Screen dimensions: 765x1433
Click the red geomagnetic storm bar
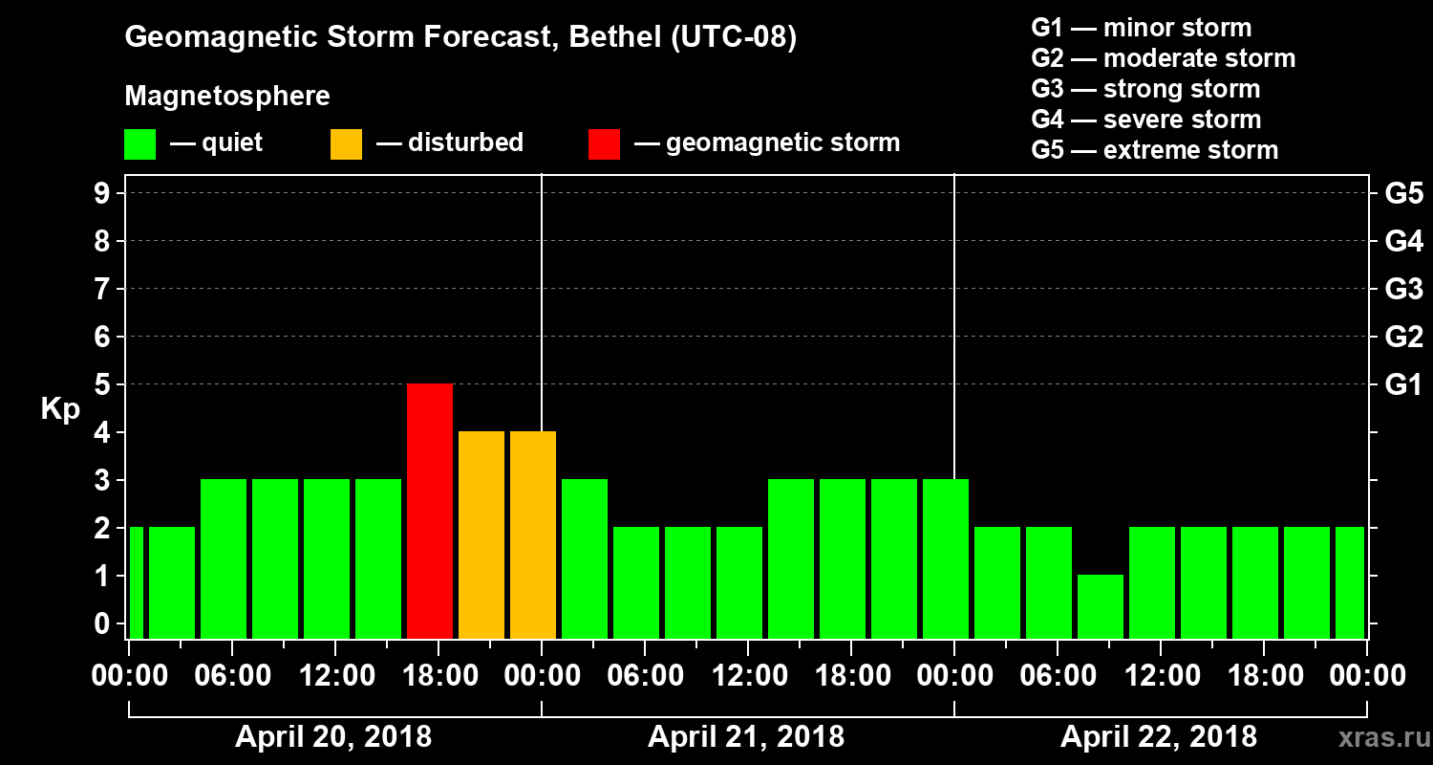430,511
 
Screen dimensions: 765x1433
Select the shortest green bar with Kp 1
1101,606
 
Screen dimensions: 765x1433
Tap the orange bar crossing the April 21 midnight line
533,535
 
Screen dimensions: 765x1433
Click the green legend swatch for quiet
139,143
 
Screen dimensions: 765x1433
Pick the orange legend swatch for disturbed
346,143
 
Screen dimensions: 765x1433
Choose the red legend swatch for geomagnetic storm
604,143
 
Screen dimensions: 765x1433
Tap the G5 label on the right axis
1404,194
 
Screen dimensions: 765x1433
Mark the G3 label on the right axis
1404,290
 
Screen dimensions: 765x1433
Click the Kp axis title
60,409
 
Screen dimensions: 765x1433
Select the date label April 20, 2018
333,737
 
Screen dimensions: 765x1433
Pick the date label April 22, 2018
1159,737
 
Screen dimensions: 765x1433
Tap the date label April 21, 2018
746,737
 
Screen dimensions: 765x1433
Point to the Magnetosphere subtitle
227,97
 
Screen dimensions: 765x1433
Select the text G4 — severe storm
1146,120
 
